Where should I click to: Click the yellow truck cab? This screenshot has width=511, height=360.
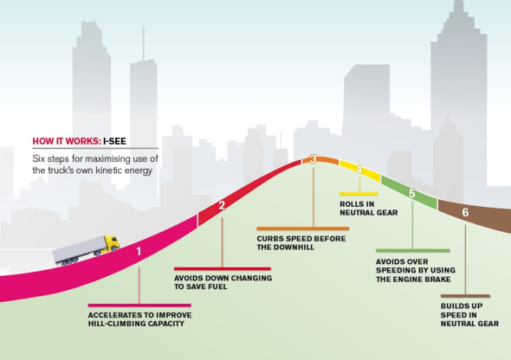pos(112,244)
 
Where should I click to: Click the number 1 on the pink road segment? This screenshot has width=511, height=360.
pos(139,251)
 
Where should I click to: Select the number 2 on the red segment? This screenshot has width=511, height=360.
pos(222,205)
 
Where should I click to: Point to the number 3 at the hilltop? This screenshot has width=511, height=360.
pos(314,159)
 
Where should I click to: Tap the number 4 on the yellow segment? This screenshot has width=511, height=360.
pos(359,170)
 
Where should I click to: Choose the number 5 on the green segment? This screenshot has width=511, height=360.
pos(412,194)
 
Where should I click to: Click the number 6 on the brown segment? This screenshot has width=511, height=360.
pos(465,212)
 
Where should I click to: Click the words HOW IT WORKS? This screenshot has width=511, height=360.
pos(67,141)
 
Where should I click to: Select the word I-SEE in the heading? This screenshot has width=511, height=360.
pos(114,141)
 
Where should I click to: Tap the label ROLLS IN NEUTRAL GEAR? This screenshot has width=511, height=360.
pos(369,209)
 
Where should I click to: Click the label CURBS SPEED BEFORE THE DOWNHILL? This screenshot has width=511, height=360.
pos(301,243)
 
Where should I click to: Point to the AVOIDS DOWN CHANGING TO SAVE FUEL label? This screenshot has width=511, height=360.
pos(223,282)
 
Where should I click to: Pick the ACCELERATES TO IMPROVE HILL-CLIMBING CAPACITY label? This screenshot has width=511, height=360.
pos(139,319)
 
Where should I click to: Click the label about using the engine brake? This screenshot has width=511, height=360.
pos(416,271)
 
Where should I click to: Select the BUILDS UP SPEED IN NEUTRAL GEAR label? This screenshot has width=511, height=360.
pos(469,315)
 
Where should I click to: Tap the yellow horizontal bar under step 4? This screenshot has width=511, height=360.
pos(359,194)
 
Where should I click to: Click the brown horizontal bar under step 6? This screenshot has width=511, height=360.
pos(465,296)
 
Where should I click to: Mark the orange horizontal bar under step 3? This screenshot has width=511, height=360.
pos(303,228)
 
